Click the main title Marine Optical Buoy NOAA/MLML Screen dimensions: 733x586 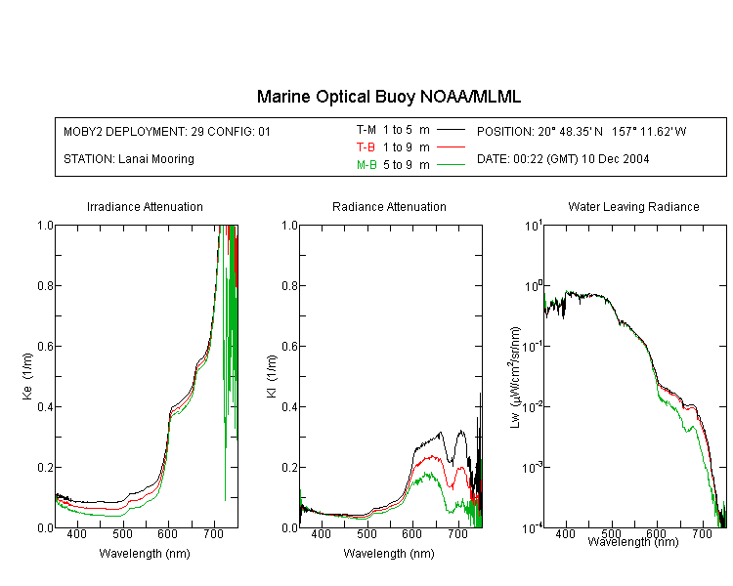click(388, 97)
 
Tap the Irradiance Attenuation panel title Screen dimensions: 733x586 click(145, 206)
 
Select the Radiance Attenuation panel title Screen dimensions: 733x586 click(389, 206)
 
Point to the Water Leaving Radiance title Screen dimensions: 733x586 click(633, 206)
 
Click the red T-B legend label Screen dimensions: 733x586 click(366, 147)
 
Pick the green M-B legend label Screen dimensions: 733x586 click(366, 164)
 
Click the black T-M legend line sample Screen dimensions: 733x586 click(451, 130)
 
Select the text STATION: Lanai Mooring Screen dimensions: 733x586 click(129, 159)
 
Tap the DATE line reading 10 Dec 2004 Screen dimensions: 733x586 click(563, 159)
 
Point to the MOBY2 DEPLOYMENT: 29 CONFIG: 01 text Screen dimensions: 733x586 click(167, 131)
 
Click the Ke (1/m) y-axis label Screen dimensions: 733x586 click(27, 376)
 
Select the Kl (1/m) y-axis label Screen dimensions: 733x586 click(271, 376)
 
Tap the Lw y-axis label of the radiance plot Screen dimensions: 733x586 click(515, 377)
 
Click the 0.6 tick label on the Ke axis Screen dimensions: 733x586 click(45, 346)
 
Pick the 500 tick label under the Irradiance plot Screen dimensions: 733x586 click(122, 533)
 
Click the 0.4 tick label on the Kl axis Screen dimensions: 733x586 click(289, 406)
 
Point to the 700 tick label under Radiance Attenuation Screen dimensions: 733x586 click(458, 533)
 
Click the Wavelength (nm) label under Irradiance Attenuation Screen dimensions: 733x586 click(145, 554)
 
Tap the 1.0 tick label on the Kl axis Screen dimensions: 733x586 click(289, 226)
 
